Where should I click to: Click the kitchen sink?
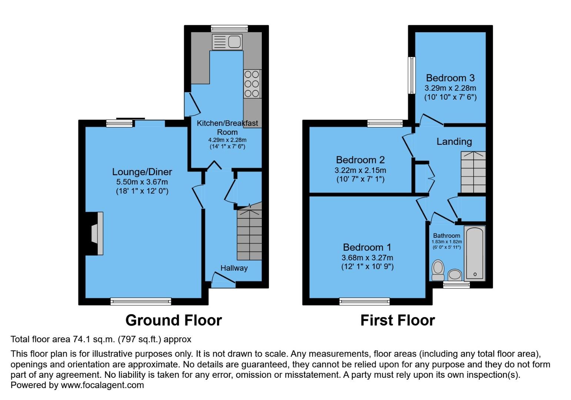[x=227, y=41]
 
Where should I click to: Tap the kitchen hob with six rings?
[x=252, y=84]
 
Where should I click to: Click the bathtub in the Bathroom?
[x=474, y=253]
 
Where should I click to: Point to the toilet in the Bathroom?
[x=438, y=270]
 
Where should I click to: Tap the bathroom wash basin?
[x=455, y=275]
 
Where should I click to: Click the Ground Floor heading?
[x=173, y=320]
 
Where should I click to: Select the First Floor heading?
[x=397, y=320]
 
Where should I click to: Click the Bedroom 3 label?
[x=450, y=78]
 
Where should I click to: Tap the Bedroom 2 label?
[x=360, y=160]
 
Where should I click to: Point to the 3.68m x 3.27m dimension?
[x=367, y=257]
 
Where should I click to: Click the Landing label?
[x=454, y=141]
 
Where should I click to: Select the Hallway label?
[x=234, y=268]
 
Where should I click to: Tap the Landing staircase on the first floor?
[x=473, y=172]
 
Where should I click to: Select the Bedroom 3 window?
[x=411, y=75]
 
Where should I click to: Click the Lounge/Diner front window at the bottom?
[x=141, y=301]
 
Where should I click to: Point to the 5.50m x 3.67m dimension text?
[x=142, y=182]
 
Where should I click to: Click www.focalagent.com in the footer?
[x=102, y=385]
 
